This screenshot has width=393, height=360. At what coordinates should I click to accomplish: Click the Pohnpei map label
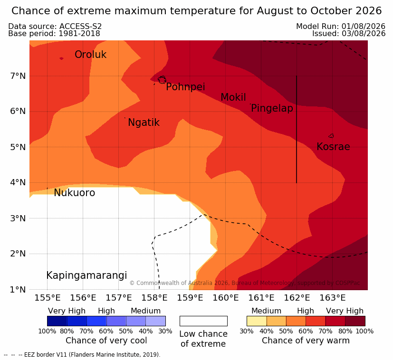(185, 87)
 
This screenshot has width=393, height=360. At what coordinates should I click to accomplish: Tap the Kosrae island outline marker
(331, 136)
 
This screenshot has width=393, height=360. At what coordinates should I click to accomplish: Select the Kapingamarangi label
(86, 275)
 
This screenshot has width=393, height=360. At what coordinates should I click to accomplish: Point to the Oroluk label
(90, 54)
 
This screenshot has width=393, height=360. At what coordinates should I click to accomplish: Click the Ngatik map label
(144, 123)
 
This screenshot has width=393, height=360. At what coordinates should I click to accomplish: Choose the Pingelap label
(272, 108)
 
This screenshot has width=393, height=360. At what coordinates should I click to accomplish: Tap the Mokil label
(233, 97)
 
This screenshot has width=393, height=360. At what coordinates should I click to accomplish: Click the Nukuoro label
(75, 193)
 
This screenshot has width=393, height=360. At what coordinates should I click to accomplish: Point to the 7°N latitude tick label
(18, 76)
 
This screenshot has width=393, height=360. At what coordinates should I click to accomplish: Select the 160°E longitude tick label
(226, 298)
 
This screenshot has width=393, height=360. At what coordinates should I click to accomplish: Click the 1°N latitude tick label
(18, 290)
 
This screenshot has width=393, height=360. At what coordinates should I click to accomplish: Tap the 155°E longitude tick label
(48, 298)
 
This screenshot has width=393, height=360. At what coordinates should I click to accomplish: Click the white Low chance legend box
(203, 321)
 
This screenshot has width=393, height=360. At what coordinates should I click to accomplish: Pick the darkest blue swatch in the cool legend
(57, 321)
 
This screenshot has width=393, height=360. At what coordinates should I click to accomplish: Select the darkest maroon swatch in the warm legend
(355, 321)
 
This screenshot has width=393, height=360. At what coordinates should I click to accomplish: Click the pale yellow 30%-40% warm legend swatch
(257, 321)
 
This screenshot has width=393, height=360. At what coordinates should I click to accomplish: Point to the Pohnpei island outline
(162, 80)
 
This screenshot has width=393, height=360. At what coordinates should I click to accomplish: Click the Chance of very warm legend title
(306, 341)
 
